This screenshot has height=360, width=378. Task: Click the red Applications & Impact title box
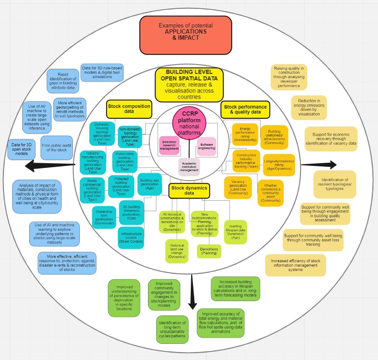click(x=186, y=35)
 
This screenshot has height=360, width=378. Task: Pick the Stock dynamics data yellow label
click(x=189, y=190)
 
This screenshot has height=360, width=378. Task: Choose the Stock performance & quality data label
click(x=245, y=110)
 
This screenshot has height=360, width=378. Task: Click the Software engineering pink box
click(x=208, y=146)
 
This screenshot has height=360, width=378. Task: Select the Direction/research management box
click(x=169, y=146)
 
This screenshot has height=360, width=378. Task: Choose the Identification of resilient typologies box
click(x=335, y=184)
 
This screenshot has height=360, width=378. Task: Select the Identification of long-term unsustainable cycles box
click(x=172, y=329)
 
